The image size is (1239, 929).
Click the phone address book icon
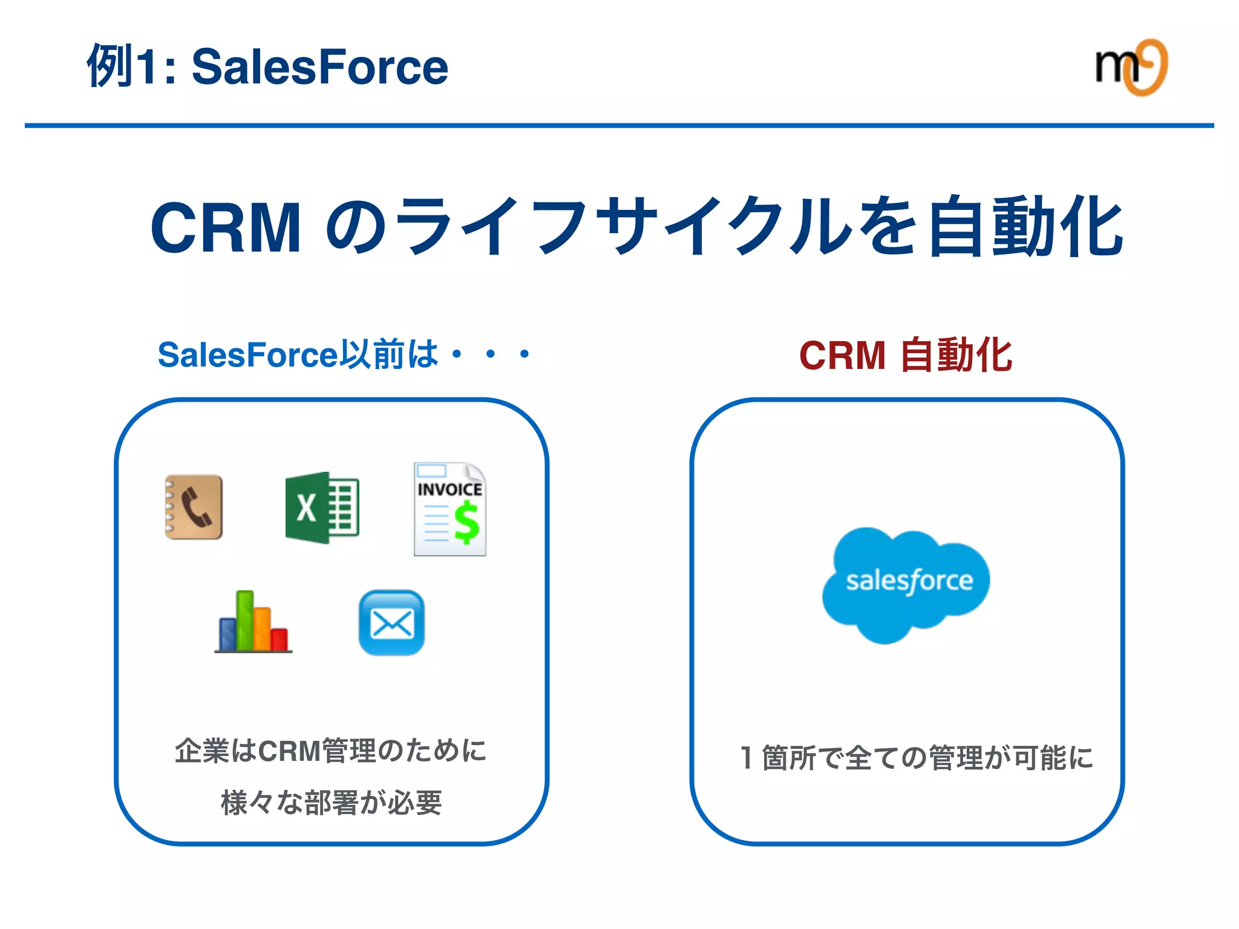pos(194,507)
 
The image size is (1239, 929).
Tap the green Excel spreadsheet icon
pos(322,507)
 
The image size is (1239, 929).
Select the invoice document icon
pos(450,509)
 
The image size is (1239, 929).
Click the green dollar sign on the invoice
pos(466,523)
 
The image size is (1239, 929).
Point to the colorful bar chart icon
pos(253,622)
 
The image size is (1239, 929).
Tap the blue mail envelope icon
pos(391,622)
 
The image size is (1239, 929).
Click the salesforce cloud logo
pos(906,583)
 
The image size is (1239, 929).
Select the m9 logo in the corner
pos(1131,67)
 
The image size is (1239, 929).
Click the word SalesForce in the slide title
pos(319,67)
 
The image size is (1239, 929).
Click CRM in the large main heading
pos(226,227)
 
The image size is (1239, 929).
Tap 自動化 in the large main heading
pos(1025,227)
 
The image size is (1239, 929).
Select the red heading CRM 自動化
pos(905,355)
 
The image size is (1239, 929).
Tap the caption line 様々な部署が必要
pos(332,803)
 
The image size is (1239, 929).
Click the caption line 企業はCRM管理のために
pos(330,751)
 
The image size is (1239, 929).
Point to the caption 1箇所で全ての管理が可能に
pos(916,758)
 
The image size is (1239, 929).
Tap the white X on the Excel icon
pos(306,507)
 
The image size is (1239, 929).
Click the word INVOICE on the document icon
pos(450,489)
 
